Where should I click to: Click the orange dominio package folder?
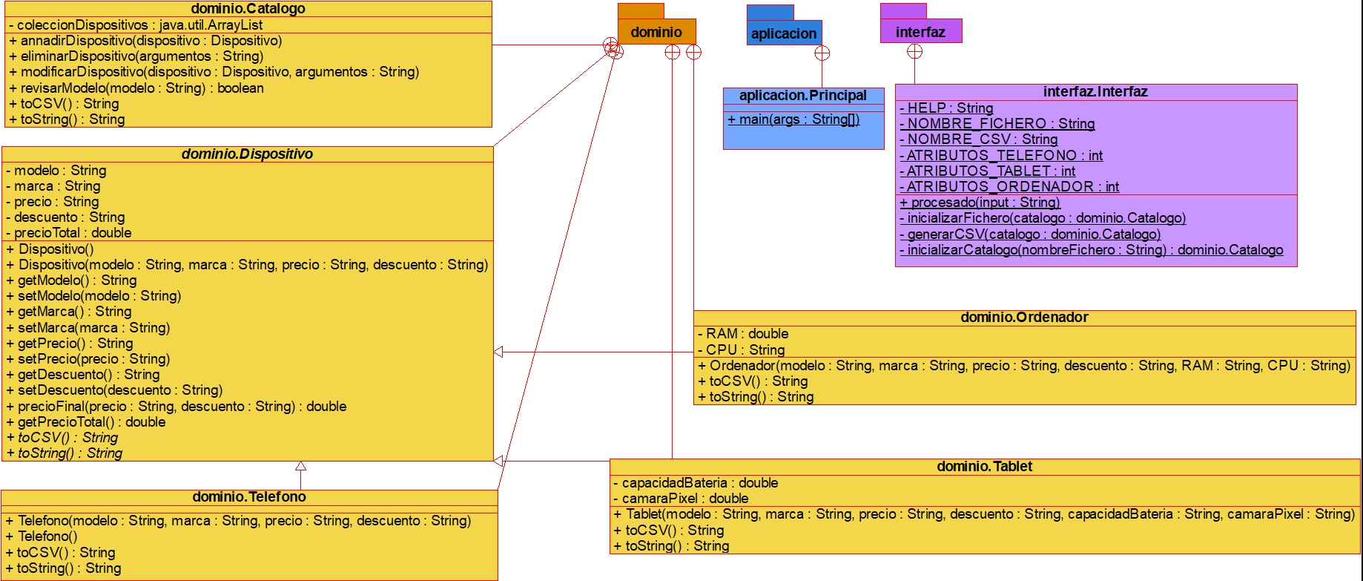[656, 32]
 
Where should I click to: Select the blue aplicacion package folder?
[784, 33]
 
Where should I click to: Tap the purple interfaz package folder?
[920, 31]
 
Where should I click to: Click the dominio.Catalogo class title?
[248, 9]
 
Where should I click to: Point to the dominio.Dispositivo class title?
[247, 154]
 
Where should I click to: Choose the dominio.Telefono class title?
[249, 497]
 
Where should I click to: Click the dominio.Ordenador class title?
[1024, 318]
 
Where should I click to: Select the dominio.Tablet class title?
[985, 467]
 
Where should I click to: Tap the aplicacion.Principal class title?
[803, 96]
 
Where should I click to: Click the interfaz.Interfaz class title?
[1095, 92]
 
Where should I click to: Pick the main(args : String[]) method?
[793, 119]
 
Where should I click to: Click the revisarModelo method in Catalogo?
[136, 88]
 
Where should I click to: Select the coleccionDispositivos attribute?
[136, 25]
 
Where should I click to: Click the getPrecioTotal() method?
[86, 422]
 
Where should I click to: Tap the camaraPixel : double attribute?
[681, 499]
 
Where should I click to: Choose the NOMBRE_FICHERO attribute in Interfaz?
[997, 124]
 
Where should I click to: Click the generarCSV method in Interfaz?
[1030, 234]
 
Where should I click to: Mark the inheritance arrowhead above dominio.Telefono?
[300, 467]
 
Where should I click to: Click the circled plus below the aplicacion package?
[822, 53]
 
